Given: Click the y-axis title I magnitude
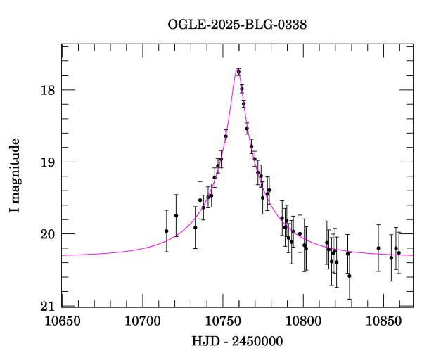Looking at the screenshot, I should coord(15,176).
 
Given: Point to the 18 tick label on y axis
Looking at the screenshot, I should coord(49,90).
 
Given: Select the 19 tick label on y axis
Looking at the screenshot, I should coord(49,162).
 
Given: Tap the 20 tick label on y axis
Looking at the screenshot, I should coord(49,234).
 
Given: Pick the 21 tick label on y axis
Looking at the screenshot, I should coord(49,307).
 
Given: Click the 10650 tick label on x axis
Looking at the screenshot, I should coord(62,321).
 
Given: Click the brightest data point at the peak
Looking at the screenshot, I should coord(238,72).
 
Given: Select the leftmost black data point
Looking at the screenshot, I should coord(167,231).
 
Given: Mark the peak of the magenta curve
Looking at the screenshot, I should coord(238,69).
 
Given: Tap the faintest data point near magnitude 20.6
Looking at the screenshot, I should coord(350,276).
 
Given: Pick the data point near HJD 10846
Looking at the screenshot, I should coord(378,247).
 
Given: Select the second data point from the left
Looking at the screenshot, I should coord(176,215).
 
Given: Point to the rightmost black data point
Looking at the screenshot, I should coord(399,252).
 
